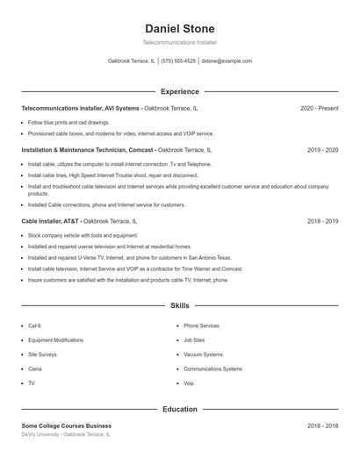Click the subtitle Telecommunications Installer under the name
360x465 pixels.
(x=179, y=42)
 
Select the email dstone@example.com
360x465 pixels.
(x=227, y=61)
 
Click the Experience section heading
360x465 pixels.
(x=179, y=91)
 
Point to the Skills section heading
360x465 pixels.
(x=179, y=306)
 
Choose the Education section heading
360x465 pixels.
(x=179, y=409)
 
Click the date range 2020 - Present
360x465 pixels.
(x=319, y=108)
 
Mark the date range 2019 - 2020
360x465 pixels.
(x=322, y=150)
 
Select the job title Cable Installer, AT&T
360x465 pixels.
(x=51, y=221)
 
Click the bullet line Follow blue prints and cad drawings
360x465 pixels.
(x=68, y=123)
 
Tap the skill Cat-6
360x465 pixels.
(x=35, y=325)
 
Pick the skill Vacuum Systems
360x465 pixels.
(x=203, y=354)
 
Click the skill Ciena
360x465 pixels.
(x=36, y=368)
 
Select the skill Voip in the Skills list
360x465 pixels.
(x=189, y=383)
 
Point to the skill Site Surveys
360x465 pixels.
(x=42, y=354)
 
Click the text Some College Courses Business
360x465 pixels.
(x=67, y=426)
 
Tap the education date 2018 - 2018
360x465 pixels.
(x=322, y=426)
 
